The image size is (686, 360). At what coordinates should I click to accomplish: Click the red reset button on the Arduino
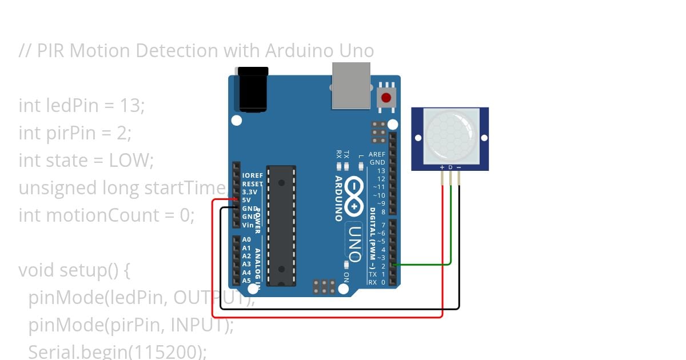[x=386, y=97]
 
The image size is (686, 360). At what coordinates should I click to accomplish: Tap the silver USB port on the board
[x=351, y=85]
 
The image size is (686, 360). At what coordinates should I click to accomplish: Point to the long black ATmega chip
[x=282, y=226]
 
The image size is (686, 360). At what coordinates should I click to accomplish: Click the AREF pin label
[x=377, y=154]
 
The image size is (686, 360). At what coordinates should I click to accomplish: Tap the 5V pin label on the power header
[x=246, y=201]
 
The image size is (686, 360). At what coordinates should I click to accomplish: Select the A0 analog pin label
[x=246, y=240]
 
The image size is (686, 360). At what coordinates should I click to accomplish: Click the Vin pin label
[x=248, y=225]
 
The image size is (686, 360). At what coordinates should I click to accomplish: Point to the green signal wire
[x=451, y=229]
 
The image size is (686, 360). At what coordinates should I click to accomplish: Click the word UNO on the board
[x=354, y=243]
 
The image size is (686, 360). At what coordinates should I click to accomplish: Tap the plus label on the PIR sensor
[x=442, y=167]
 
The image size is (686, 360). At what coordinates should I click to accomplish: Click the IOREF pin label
[x=252, y=176]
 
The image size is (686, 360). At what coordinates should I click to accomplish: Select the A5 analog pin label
[x=246, y=281]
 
